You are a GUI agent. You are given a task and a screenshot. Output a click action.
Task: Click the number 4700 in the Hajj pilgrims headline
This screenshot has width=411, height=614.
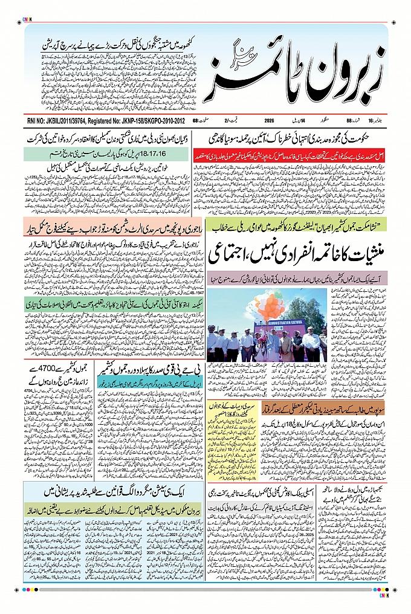50,367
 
